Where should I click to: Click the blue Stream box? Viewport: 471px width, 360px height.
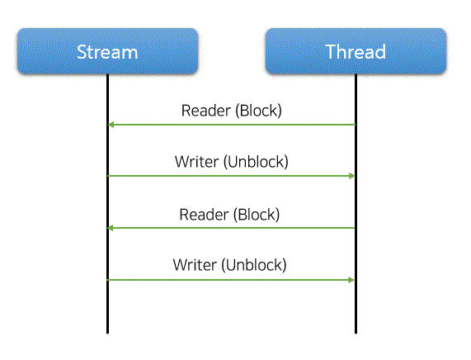coord(107,51)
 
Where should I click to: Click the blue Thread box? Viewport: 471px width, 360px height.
coord(356,51)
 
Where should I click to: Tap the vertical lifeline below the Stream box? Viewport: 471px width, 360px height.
coord(107,204)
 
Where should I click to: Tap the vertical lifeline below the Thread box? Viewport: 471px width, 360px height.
coord(356,204)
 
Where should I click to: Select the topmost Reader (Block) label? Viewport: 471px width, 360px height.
coord(232,111)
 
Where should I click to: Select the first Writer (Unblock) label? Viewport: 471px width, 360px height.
coord(232,162)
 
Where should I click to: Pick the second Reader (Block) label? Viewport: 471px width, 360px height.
coord(229,215)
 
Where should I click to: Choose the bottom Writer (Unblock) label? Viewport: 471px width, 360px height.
coord(230,265)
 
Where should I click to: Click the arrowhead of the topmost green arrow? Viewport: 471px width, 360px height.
coord(111,125)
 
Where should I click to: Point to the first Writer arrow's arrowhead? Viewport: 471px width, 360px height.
coord(351,176)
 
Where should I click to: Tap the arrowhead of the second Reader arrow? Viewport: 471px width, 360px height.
coord(111,228)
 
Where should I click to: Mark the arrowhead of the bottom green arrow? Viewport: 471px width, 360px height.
coord(351,280)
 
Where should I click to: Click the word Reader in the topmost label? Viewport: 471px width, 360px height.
coord(206,111)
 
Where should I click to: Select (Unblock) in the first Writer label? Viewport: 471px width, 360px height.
coord(256,162)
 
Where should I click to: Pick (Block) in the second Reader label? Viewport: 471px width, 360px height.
coord(257,215)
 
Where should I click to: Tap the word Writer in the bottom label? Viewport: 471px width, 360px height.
coord(195,265)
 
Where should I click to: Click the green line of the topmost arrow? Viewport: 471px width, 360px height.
coord(232,125)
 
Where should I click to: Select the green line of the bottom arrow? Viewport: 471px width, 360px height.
coord(230,280)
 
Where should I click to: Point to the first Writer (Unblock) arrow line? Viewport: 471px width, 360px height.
coord(231,176)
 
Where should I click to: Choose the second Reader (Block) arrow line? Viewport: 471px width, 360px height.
coord(231,228)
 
